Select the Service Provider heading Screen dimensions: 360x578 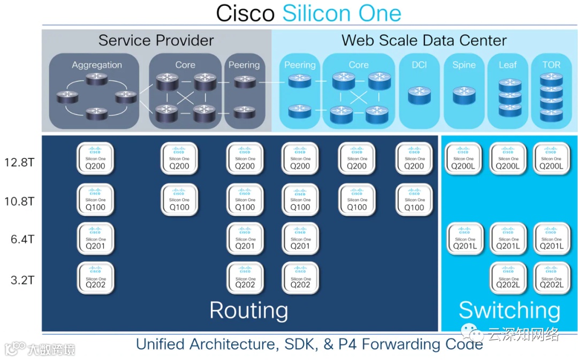(x=156, y=41)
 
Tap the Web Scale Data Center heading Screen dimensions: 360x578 (x=424, y=41)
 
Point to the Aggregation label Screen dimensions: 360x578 (x=97, y=65)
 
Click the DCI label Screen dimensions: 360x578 (x=419, y=65)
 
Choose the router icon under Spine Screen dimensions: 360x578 (x=463, y=95)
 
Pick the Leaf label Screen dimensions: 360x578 (x=507, y=65)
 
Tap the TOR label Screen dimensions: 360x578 (x=551, y=65)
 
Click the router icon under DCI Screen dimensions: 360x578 (x=419, y=95)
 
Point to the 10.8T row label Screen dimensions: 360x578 (x=22, y=202)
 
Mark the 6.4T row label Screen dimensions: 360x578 (x=23, y=240)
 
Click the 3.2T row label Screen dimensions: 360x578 (x=23, y=280)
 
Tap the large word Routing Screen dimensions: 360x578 (x=248, y=311)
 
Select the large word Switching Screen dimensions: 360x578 (x=509, y=311)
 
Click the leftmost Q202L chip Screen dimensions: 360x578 (x=508, y=279)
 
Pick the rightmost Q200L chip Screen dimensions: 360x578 (x=552, y=159)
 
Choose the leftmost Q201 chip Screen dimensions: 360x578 (x=95, y=239)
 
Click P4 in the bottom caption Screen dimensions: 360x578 (x=348, y=344)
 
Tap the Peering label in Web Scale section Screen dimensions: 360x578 (x=300, y=65)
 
